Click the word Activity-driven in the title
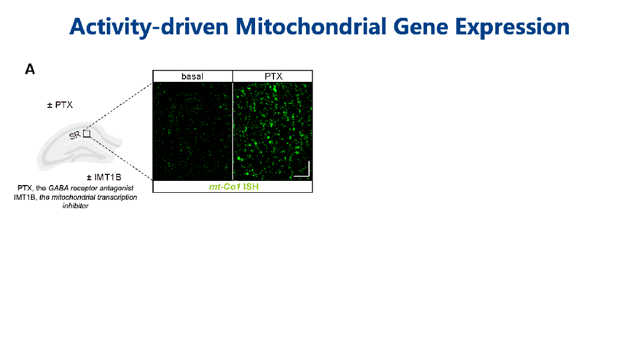[x=148, y=27]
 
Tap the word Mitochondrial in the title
[x=311, y=27]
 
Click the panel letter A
[x=30, y=69]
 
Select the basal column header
[x=192, y=77]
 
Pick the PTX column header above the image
[x=273, y=77]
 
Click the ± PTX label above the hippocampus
[x=60, y=105]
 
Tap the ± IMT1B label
[x=104, y=177]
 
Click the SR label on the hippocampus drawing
[x=75, y=135]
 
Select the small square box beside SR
[x=87, y=133]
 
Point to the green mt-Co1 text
[x=224, y=187]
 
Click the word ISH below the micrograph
[x=251, y=187]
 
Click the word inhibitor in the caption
[x=75, y=206]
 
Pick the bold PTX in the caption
[x=24, y=188]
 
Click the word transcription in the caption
[x=117, y=197]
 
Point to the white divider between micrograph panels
[x=233, y=132]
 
